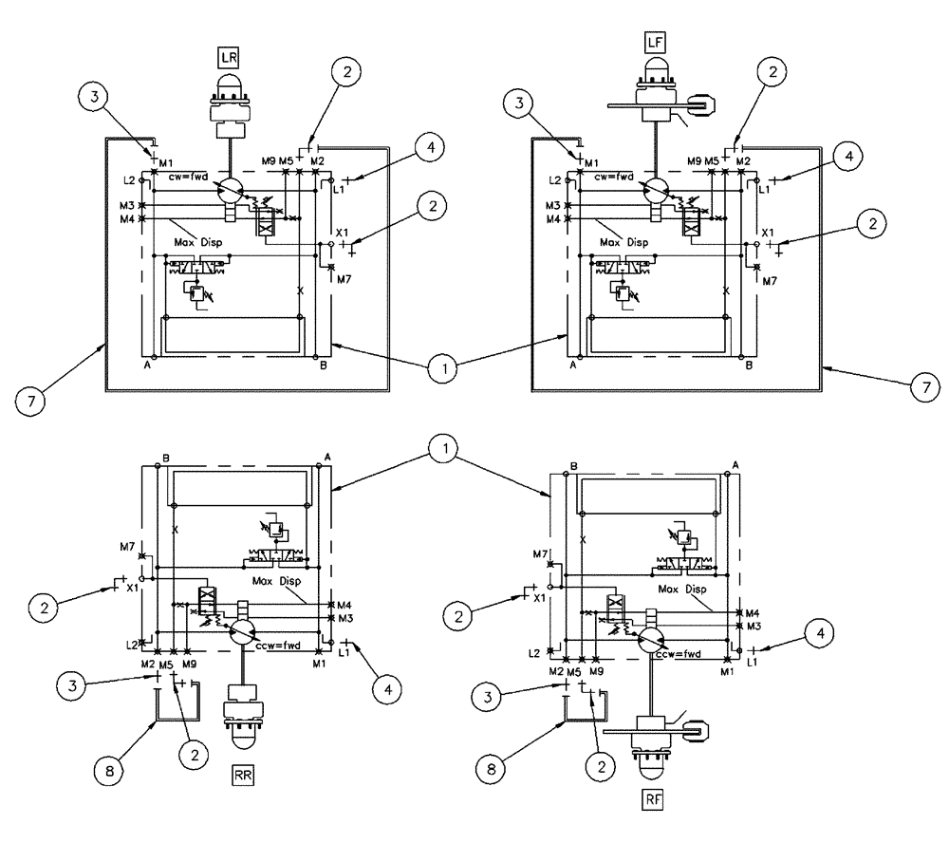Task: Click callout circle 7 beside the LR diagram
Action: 31,403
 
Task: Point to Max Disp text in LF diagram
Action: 625,243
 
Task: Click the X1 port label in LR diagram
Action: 343,232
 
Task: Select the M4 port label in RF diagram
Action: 753,612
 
